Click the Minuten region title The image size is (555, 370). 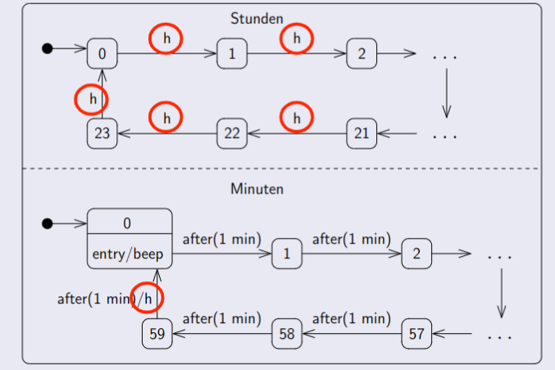click(257, 189)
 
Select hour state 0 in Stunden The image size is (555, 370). click(102, 54)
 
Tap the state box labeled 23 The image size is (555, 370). click(102, 133)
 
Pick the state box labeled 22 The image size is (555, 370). click(232, 133)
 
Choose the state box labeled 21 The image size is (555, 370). click(362, 133)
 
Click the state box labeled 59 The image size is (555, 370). click(157, 334)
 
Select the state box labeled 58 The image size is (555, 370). click(287, 334)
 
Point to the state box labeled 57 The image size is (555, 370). click(416, 334)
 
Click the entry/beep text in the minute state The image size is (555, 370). click(130, 254)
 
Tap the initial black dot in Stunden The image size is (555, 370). click(48, 49)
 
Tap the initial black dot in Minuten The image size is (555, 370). click(48, 222)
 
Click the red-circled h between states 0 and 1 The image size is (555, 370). click(166, 38)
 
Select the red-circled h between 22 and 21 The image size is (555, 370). click(297, 117)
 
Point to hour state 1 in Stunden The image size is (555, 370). click(232, 54)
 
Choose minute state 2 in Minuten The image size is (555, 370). click(416, 254)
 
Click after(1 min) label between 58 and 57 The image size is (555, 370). click(351, 317)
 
